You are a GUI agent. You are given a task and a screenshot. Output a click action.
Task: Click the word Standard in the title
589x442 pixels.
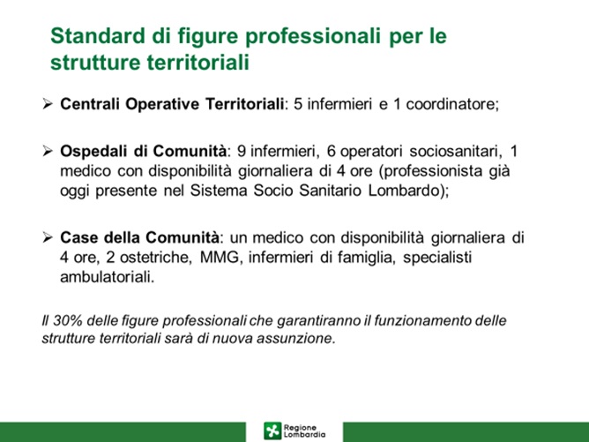[x=98, y=35]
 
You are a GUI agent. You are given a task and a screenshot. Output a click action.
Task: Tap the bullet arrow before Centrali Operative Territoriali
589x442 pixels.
[x=48, y=103]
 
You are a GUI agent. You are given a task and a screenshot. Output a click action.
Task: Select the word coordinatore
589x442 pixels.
[x=452, y=104]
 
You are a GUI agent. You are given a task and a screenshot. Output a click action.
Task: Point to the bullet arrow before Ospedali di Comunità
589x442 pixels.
[x=48, y=151]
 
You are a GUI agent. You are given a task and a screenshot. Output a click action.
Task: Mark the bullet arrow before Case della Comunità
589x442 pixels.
[x=48, y=237]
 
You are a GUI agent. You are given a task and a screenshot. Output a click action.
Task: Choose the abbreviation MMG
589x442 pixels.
[x=220, y=258]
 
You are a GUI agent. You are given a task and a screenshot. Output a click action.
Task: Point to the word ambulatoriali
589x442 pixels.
[x=107, y=277]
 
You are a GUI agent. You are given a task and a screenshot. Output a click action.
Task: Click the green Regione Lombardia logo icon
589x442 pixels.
[x=272, y=431]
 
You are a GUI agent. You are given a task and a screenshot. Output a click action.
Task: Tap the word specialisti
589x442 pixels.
[x=437, y=258]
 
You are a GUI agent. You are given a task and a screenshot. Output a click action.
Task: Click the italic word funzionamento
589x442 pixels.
[x=423, y=320]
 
